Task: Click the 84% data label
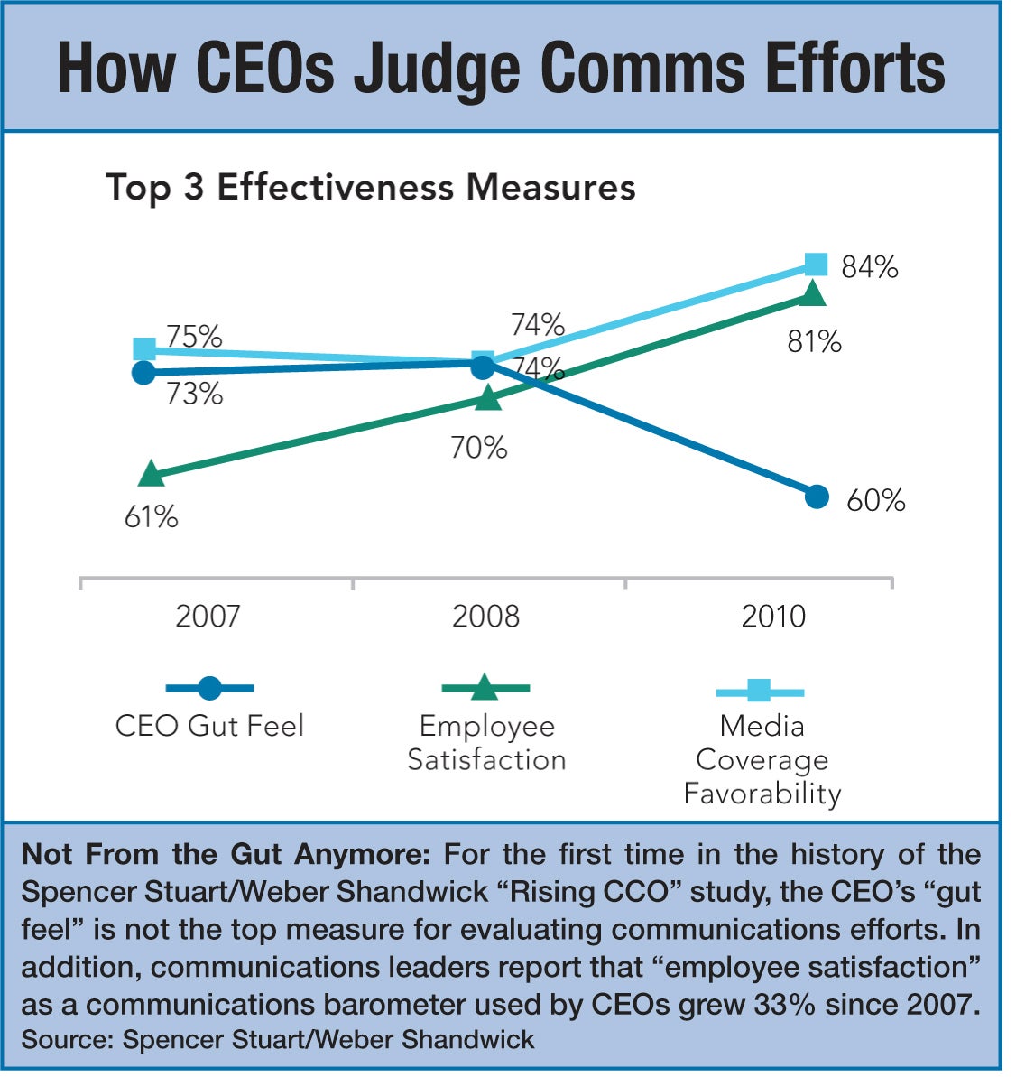869,267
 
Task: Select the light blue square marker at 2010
815,264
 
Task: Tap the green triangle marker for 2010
812,294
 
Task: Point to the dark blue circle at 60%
816,497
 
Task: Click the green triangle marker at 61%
151,474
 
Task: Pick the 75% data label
194,337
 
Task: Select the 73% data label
194,395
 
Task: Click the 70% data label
479,448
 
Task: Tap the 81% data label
814,342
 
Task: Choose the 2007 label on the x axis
208,617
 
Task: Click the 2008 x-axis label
485,617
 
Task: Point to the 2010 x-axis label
773,617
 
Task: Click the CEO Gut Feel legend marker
209,689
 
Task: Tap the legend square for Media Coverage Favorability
759,692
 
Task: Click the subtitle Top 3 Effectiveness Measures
371,188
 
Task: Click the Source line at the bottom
278,1039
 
